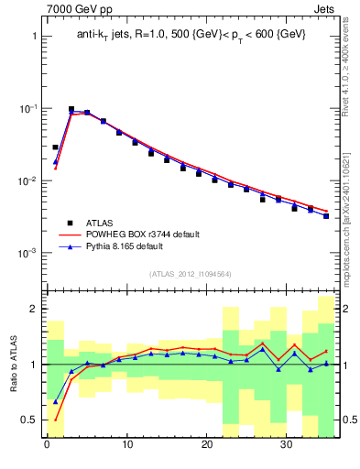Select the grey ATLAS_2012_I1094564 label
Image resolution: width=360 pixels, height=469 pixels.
(x=191, y=273)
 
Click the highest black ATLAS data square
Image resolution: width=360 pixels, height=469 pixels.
(x=71, y=109)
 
